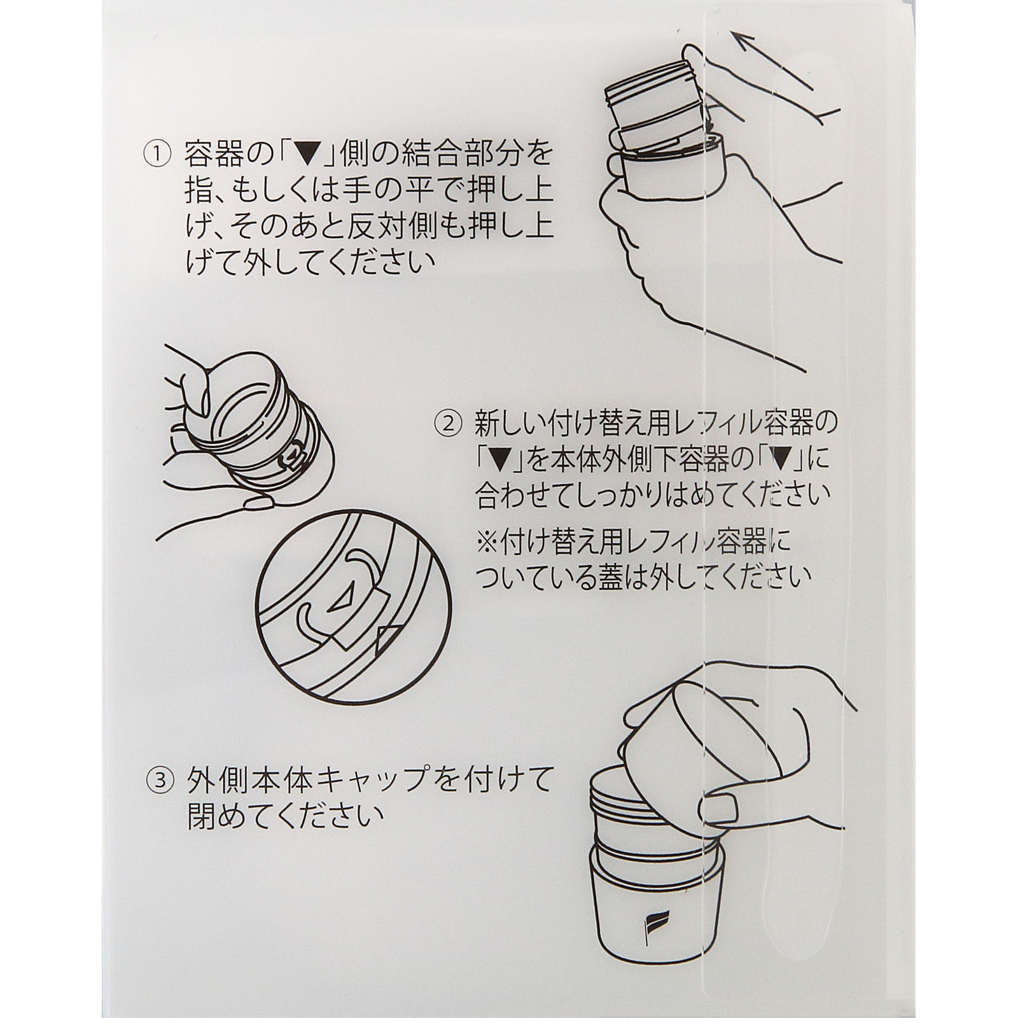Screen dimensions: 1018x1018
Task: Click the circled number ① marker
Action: [157, 153]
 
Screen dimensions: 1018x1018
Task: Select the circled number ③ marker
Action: [157, 781]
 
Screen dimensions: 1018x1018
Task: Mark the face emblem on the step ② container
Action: [290, 456]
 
